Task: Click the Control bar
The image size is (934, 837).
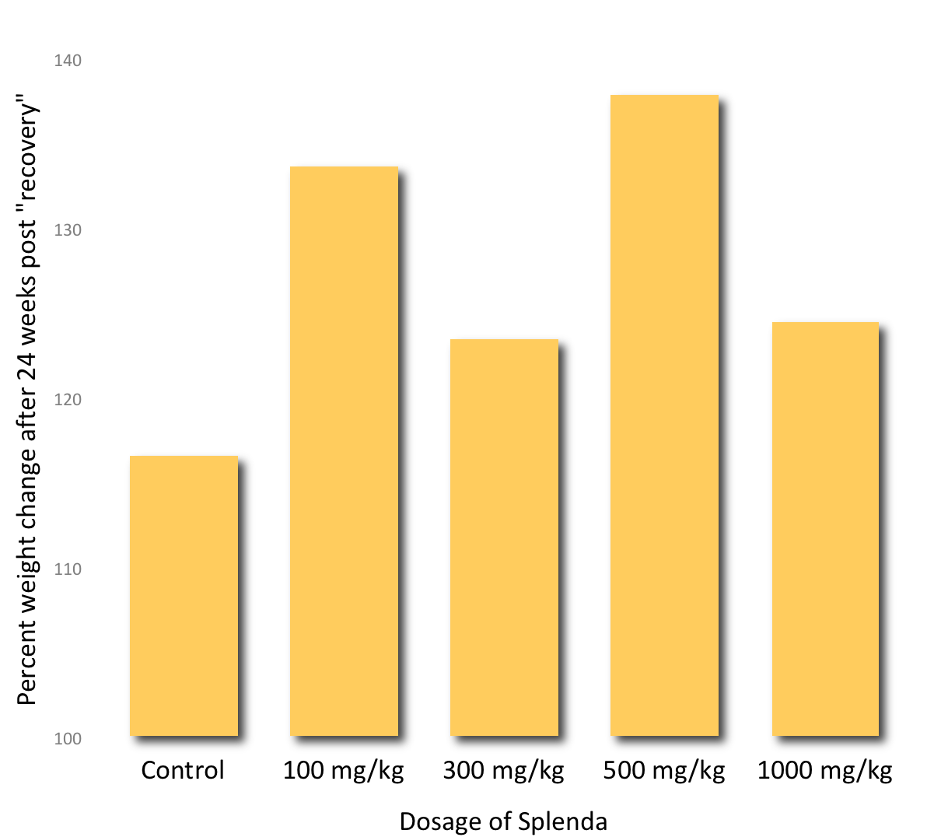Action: click(184, 595)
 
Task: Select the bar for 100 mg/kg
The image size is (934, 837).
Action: click(344, 451)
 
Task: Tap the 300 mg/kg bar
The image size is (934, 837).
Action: click(504, 537)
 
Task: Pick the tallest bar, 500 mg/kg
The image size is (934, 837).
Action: click(664, 415)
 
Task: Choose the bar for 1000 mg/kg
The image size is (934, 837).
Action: click(825, 529)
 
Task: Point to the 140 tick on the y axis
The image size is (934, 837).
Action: click(68, 61)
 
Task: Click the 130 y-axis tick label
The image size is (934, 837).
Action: click(68, 230)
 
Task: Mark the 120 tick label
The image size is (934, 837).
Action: click(68, 400)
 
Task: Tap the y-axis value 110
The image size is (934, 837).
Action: click(68, 569)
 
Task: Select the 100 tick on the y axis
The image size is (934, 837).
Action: click(68, 739)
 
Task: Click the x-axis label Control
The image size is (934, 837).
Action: click(183, 770)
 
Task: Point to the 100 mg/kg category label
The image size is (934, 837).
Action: click(344, 771)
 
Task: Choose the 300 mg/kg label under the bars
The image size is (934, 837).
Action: click(504, 771)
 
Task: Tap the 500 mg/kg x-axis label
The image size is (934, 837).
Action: click(664, 771)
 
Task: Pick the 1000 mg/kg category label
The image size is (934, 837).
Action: click(825, 771)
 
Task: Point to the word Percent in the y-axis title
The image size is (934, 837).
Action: click(27, 662)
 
